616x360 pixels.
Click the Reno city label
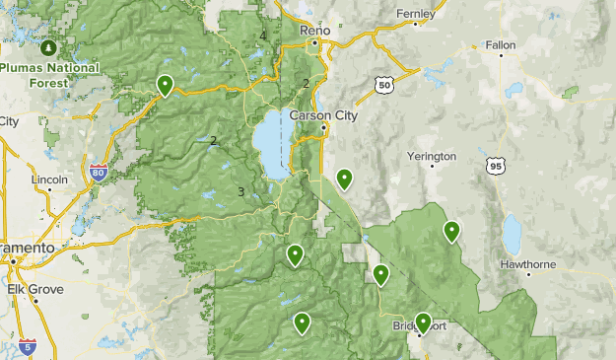[314, 32]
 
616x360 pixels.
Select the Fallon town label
[500, 45]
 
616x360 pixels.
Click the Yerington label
[432, 156]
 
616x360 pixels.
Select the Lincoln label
[49, 180]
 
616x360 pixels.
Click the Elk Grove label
[35, 289]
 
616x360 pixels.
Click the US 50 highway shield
[384, 86]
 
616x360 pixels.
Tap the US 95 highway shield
[495, 166]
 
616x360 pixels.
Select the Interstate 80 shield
[98, 173]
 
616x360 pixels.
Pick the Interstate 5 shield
[27, 346]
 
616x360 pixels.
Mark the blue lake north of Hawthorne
[512, 235]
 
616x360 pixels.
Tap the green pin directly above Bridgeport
[424, 322]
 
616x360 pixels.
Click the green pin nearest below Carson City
[344, 179]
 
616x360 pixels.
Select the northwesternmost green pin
[165, 86]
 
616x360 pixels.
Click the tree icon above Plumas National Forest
[48, 47]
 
